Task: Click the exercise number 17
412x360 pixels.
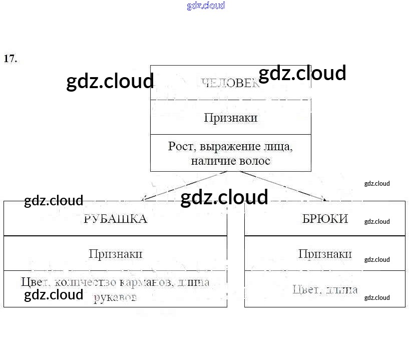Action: (10, 59)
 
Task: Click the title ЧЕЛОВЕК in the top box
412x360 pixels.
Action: (231, 83)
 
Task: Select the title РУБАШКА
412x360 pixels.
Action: (115, 219)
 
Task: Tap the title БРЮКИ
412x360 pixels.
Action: (325, 219)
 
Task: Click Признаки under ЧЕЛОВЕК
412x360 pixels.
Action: (231, 118)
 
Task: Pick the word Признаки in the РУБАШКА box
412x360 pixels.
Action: (115, 253)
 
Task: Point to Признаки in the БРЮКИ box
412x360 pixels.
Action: (325, 253)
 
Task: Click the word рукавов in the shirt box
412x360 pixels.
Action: (115, 297)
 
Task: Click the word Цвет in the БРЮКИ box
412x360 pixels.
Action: (305, 289)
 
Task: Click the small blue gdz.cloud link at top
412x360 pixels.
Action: (206, 6)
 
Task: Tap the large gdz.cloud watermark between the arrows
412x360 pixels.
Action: (224, 197)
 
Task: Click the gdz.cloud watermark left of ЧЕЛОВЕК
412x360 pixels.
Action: (110, 81)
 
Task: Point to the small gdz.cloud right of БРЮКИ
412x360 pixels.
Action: (376, 221)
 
